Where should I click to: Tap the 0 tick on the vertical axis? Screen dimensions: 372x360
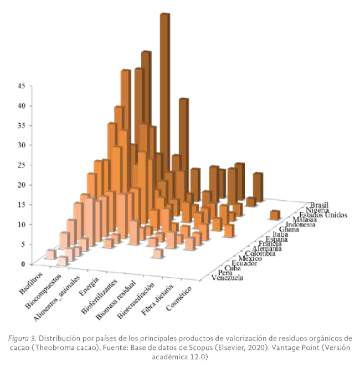point(23,264)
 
